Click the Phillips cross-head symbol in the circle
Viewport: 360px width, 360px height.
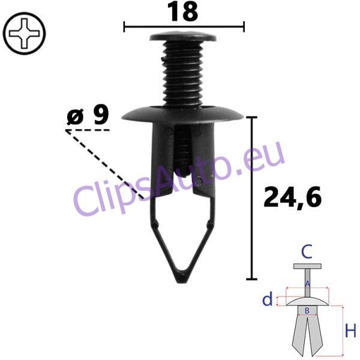(x=24, y=34)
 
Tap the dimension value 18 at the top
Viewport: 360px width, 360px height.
(x=183, y=11)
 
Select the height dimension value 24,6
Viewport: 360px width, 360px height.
(x=292, y=197)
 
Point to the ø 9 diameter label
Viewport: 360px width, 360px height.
(x=88, y=115)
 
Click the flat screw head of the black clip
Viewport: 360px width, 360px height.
(x=183, y=36)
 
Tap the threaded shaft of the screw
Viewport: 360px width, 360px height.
(x=182, y=73)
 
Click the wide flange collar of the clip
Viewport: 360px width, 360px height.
(x=182, y=113)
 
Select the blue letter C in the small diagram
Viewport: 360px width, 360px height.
(x=307, y=251)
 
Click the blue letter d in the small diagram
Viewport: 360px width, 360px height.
(x=268, y=299)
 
